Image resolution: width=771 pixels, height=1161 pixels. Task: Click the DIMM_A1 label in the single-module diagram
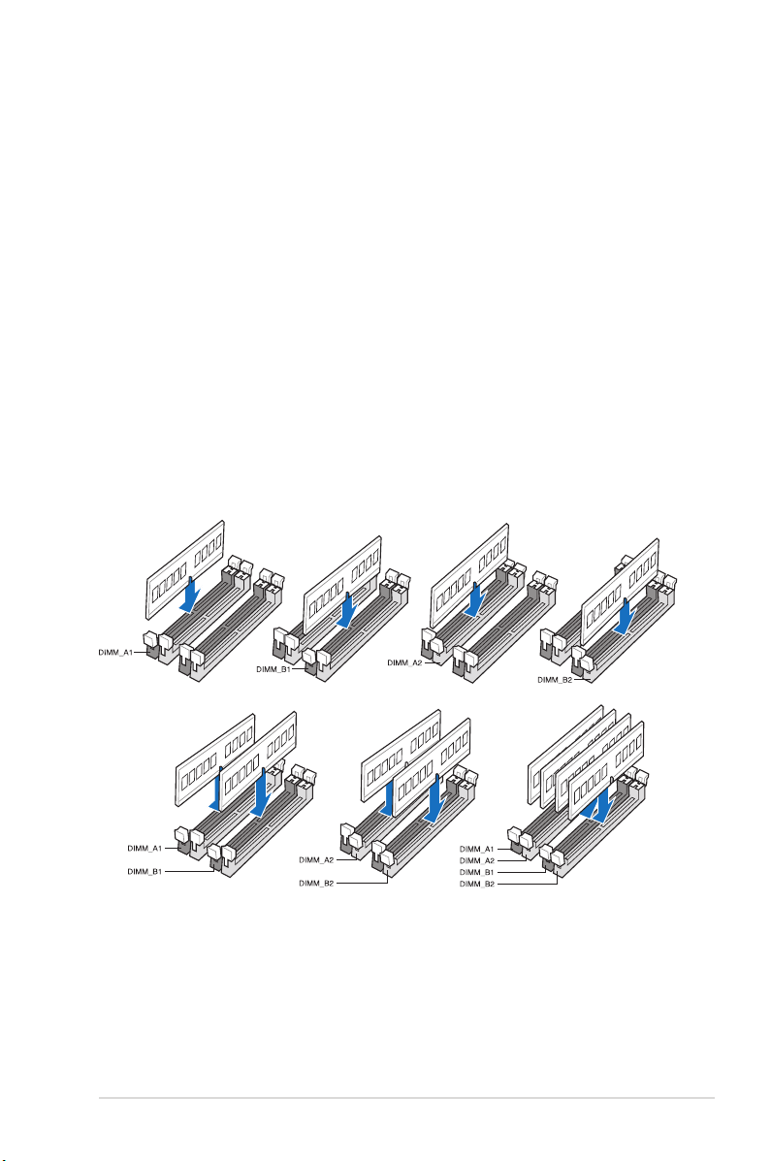tap(114, 653)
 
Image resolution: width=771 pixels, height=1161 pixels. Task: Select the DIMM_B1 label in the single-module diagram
tap(273, 668)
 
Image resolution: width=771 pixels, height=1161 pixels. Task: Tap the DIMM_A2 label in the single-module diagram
tap(404, 662)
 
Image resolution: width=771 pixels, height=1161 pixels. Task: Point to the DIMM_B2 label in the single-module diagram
tap(555, 680)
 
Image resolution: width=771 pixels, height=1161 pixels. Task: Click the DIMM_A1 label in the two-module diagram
tap(145, 849)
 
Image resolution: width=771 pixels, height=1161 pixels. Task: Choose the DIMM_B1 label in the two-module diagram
tap(145, 872)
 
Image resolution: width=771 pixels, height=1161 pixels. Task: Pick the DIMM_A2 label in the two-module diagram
tap(316, 860)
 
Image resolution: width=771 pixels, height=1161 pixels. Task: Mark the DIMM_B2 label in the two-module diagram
tap(316, 884)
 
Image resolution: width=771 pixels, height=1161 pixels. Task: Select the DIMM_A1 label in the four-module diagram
tap(476, 850)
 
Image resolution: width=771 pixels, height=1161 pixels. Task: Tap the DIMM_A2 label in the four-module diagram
tap(476, 861)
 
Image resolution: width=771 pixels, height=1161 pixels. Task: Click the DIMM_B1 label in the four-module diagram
tap(476, 872)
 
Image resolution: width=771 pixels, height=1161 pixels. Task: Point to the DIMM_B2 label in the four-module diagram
tap(476, 884)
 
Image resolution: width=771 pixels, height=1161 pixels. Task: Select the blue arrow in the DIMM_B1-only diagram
tap(348, 610)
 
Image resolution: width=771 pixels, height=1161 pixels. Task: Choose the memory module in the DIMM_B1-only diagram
tap(342, 585)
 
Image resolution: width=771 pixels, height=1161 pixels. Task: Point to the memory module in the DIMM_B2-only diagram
tap(620, 593)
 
